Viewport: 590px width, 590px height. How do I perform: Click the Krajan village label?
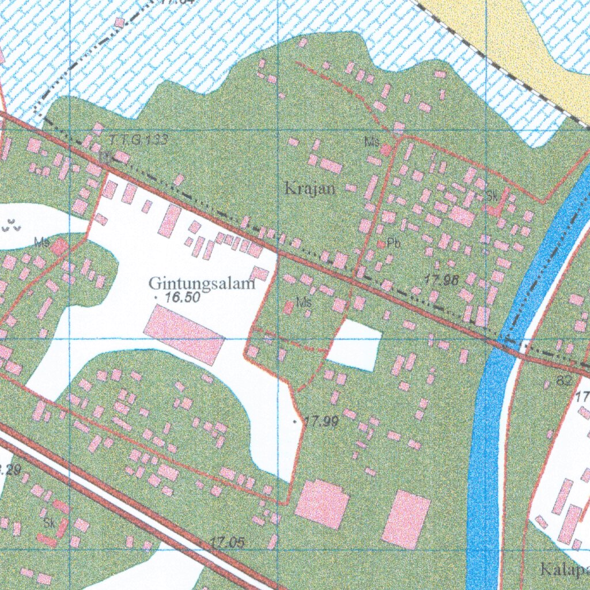click(x=310, y=188)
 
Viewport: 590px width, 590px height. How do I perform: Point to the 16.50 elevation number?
click(x=182, y=298)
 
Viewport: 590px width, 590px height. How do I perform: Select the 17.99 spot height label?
click(x=322, y=422)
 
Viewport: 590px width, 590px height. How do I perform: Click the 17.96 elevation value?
click(x=441, y=281)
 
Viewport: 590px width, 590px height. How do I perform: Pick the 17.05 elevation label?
click(x=227, y=542)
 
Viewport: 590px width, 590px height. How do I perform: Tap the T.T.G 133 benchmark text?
click(x=138, y=139)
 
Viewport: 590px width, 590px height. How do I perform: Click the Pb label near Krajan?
click(x=394, y=243)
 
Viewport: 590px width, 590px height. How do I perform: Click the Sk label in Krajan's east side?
click(x=491, y=196)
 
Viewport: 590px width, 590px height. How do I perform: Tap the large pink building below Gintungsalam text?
click(x=183, y=335)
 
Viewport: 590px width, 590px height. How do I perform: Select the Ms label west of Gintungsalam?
click(x=41, y=243)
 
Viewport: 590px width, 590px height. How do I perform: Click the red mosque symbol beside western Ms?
click(x=58, y=248)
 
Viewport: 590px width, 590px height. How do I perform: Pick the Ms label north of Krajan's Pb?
click(x=372, y=141)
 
